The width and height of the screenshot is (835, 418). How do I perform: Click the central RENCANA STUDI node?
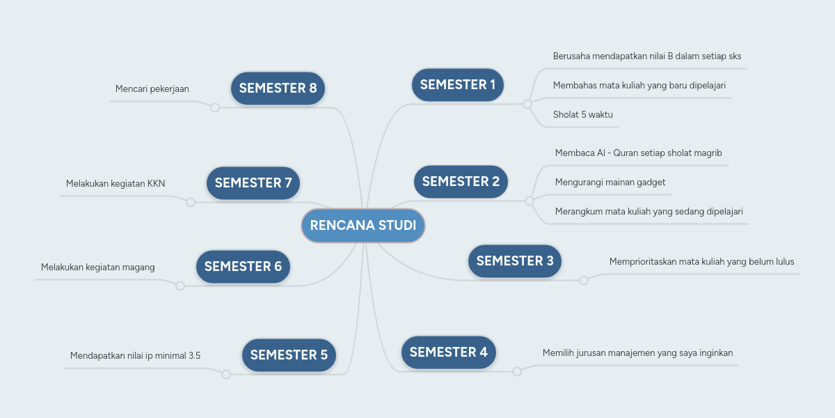[363, 226]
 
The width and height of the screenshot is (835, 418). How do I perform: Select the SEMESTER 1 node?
[458, 85]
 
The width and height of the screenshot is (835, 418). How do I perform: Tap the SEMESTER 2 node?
[461, 182]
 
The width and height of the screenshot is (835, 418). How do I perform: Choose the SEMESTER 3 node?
[515, 261]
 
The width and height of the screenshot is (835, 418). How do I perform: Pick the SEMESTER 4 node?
[449, 352]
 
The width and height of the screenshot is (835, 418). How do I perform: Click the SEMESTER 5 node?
[289, 355]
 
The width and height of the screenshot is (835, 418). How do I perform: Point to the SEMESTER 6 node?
[243, 267]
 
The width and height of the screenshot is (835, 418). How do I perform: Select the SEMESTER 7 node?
[253, 183]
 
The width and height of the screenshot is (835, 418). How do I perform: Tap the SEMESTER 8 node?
[278, 88]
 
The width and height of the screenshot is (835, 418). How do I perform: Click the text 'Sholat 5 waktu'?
[583, 115]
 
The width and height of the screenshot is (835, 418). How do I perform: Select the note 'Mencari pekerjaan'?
[152, 89]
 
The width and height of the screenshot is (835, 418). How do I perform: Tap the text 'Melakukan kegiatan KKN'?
[116, 184]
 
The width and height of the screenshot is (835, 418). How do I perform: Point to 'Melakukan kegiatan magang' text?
[98, 268]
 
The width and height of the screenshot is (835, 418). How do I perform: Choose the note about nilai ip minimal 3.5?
[135, 356]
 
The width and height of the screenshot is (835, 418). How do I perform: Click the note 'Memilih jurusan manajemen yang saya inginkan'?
[637, 353]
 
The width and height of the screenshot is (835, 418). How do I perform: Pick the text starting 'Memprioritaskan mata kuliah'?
[701, 262]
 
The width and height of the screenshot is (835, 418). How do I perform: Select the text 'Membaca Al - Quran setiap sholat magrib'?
[644, 153]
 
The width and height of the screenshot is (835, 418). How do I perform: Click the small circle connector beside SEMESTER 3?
[584, 280]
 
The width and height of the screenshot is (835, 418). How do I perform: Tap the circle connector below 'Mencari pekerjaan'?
[215, 107]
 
